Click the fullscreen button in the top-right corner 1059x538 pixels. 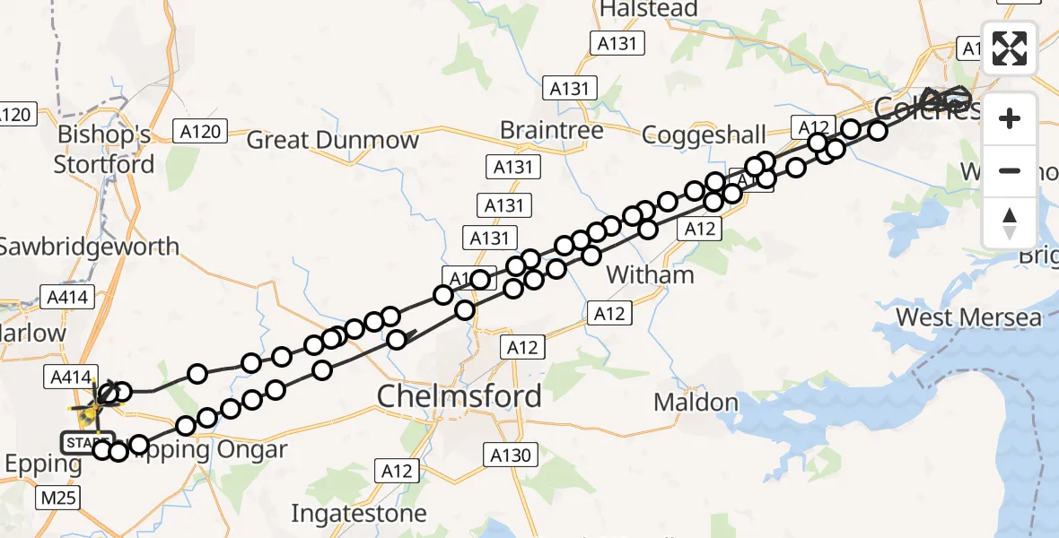(x=1010, y=48)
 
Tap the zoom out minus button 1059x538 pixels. (x=1010, y=170)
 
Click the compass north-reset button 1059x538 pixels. (x=1010, y=222)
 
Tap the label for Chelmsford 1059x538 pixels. (x=459, y=395)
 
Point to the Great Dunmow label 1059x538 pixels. (x=332, y=140)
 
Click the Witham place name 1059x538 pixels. (x=651, y=274)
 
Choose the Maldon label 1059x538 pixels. (x=696, y=403)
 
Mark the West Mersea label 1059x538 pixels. (x=969, y=317)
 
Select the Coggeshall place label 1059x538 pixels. (x=705, y=135)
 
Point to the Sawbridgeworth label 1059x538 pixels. (x=90, y=246)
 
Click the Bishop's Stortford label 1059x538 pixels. (x=104, y=150)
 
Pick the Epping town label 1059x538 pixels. (x=43, y=464)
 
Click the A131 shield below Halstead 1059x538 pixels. (x=617, y=42)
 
